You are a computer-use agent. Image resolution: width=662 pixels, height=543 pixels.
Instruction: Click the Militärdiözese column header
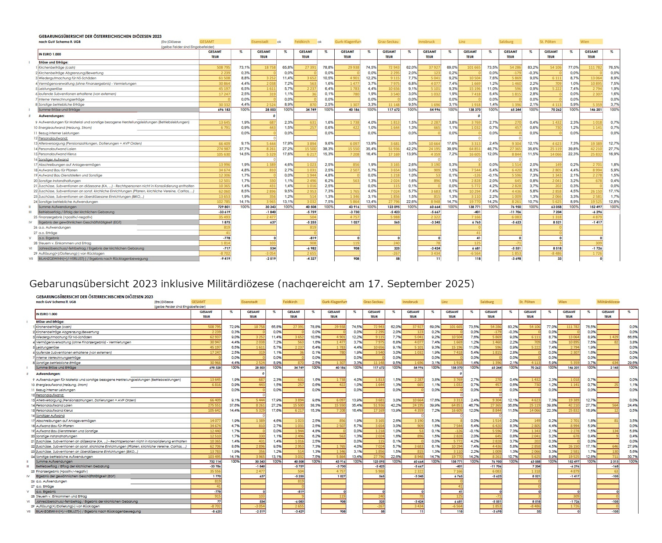[608, 302]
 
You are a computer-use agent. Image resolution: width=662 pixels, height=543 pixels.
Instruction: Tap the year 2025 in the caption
[458, 284]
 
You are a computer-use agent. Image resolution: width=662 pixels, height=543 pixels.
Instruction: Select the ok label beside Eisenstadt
[279, 42]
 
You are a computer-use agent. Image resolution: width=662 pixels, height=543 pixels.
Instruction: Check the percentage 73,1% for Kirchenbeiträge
[244, 68]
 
